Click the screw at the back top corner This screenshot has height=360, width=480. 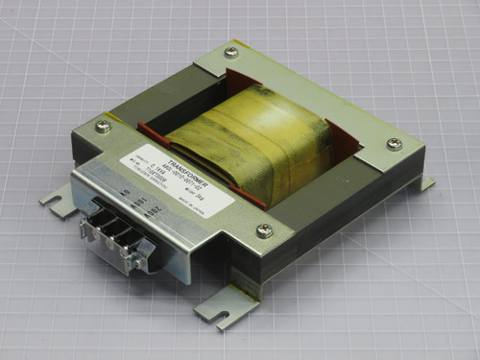(230, 53)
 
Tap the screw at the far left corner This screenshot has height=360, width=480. (103, 125)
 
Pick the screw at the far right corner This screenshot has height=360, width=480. (394, 144)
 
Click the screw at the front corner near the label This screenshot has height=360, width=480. (264, 230)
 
